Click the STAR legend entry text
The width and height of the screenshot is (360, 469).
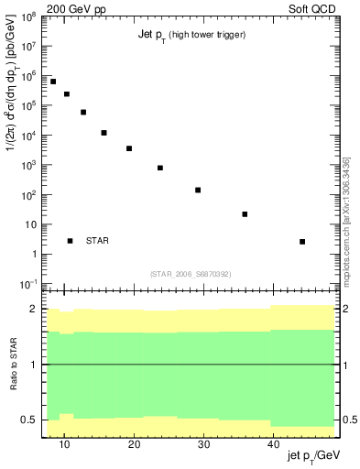tap(97, 241)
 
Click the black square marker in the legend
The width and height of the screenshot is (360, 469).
tap(70, 241)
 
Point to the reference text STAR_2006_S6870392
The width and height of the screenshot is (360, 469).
tap(191, 273)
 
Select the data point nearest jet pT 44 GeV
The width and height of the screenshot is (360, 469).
tap(302, 242)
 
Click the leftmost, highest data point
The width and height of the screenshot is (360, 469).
tap(53, 82)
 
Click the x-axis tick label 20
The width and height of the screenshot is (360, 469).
tap(134, 445)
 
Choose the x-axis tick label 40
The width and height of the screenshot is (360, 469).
tap(273, 445)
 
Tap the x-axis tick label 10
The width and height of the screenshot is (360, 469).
tap(64, 445)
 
